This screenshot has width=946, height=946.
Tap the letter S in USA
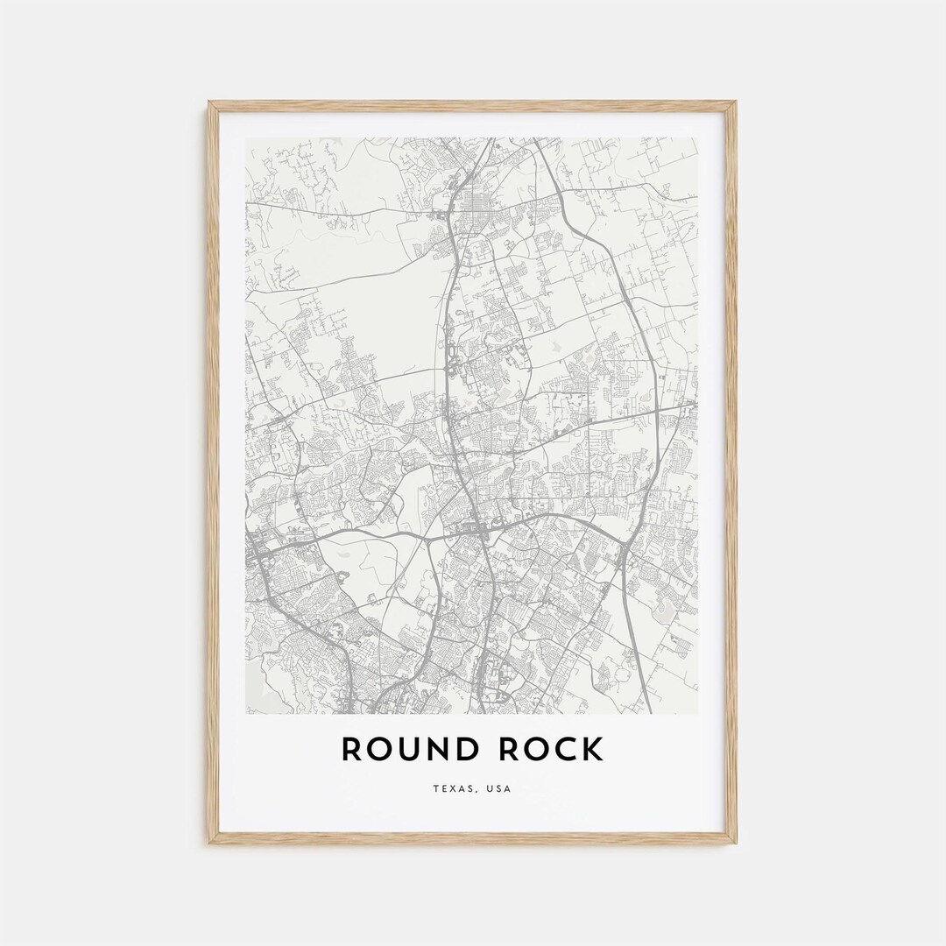[499, 789]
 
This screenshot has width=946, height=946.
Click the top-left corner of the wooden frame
[209, 102]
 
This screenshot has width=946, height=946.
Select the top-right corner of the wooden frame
[736, 102]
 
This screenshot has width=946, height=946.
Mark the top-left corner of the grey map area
[246, 138]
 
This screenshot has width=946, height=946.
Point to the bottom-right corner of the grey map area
[698, 714]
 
